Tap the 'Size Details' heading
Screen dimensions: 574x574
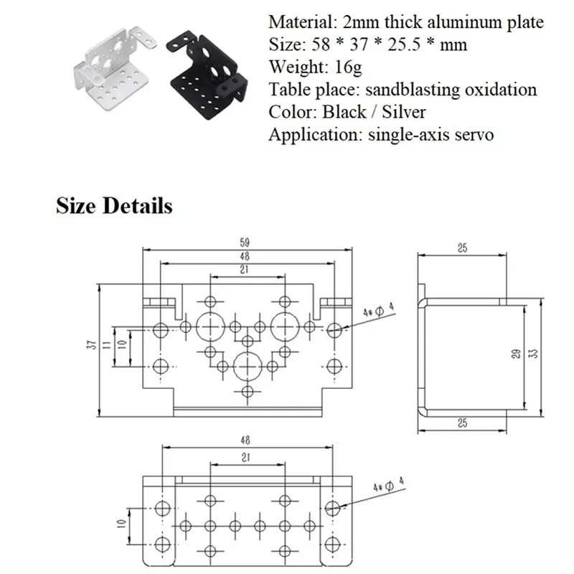click(114, 206)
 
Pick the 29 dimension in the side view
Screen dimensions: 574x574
click(516, 354)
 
